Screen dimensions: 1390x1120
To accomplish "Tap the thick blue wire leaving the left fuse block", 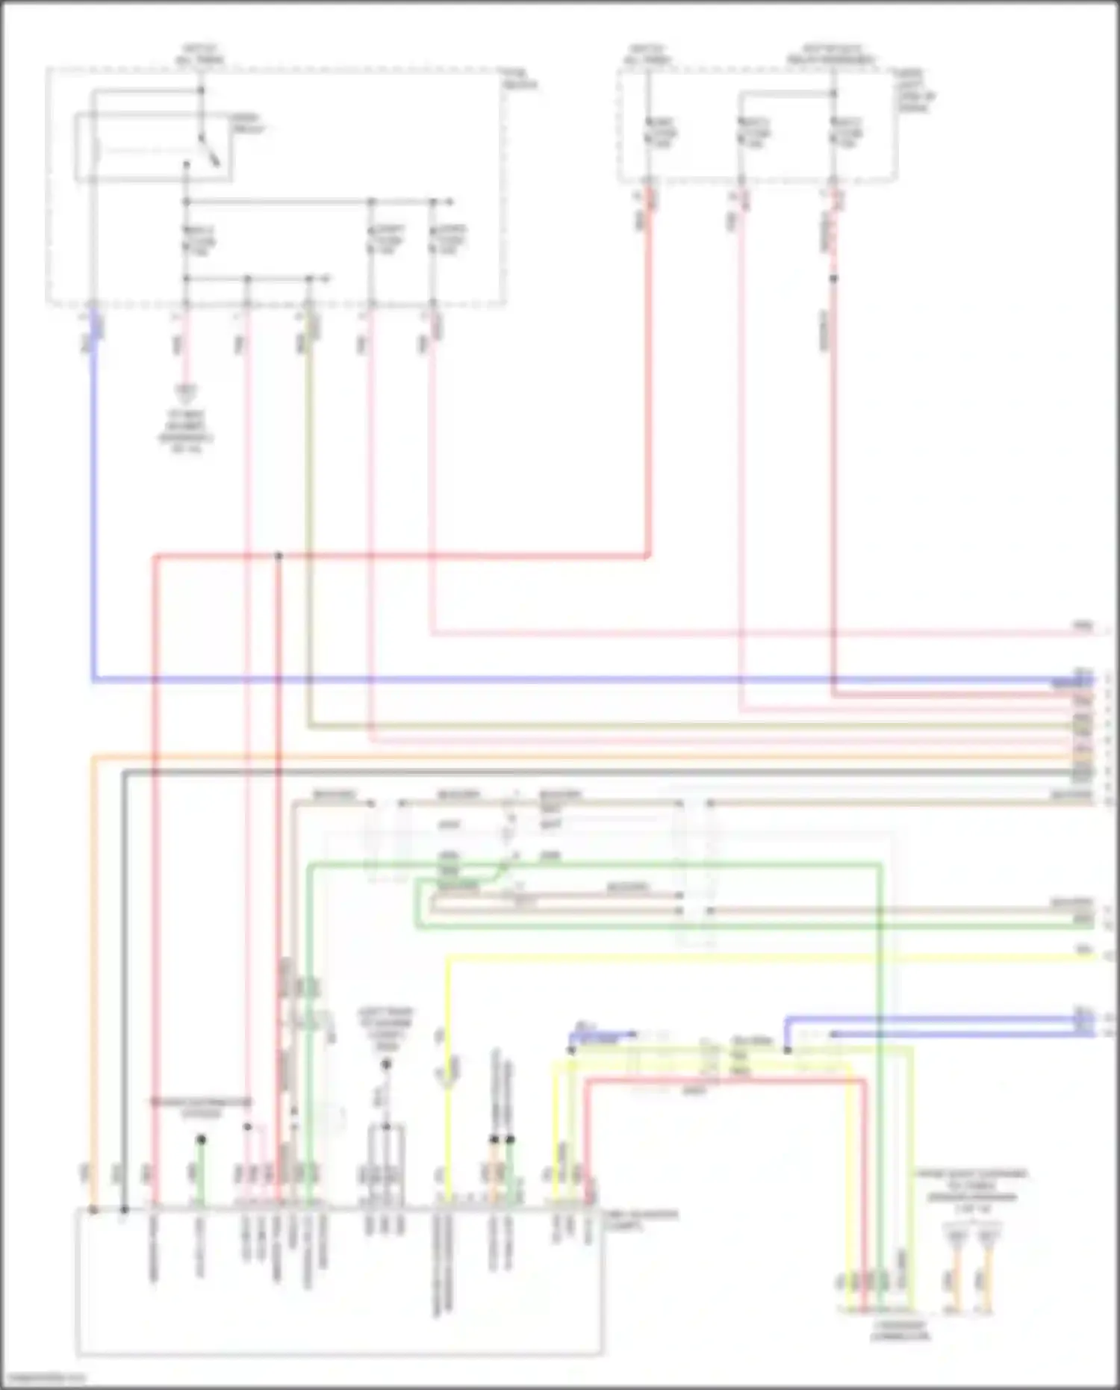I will (94, 523).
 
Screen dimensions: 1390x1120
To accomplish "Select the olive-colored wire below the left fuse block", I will (309, 523).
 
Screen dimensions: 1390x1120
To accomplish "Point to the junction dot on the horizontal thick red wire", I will (279, 556).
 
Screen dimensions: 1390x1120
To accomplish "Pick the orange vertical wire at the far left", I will (93, 971).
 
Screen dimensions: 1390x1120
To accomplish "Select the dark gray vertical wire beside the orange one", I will (124, 971).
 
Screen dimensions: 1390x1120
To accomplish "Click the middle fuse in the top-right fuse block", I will (741, 134).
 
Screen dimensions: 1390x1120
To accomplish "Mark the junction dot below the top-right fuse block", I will (834, 279).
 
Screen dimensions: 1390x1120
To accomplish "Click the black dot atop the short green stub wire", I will (201, 1140).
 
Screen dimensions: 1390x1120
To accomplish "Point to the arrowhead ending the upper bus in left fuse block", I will (450, 202).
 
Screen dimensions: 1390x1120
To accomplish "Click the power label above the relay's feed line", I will (200, 54).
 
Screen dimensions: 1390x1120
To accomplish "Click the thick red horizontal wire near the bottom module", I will (724, 1080).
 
